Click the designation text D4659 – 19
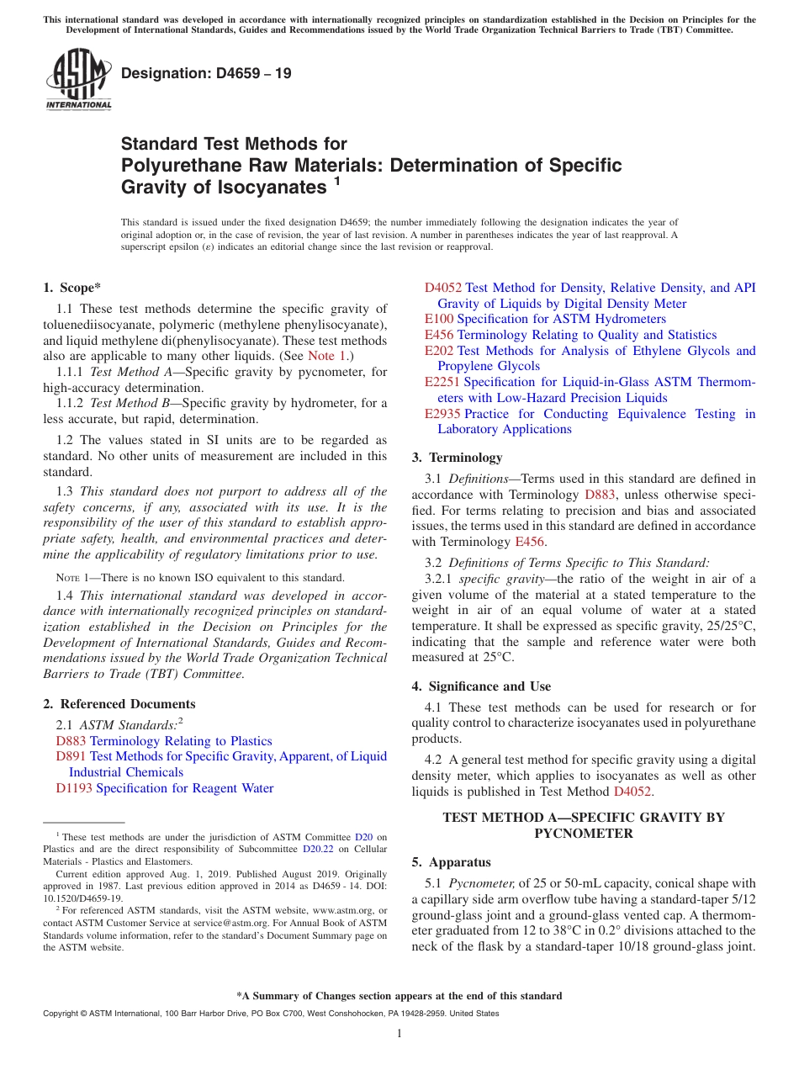point(206,73)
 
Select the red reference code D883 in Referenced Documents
point(71,741)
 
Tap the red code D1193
point(74,788)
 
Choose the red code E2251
point(442,382)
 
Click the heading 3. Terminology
point(457,458)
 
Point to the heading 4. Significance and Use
point(481,686)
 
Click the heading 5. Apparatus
point(451,862)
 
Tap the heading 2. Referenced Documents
point(119,704)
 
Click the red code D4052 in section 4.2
point(632,792)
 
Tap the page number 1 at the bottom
point(399,1034)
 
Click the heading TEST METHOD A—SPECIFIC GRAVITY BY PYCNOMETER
point(583,825)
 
